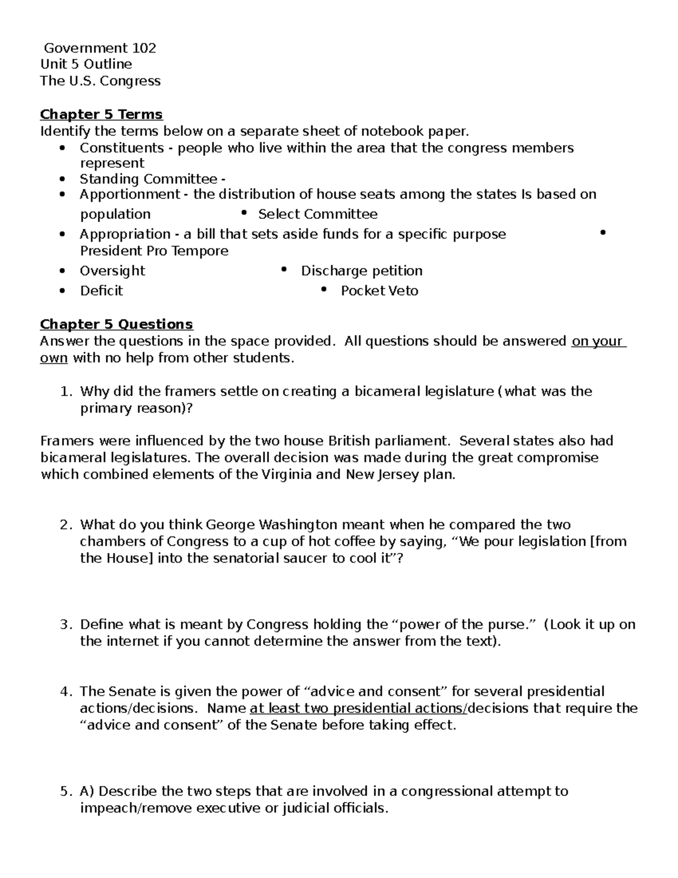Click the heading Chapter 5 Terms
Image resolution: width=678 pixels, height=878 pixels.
tap(101, 115)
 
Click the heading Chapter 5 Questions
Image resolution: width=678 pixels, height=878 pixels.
tap(116, 325)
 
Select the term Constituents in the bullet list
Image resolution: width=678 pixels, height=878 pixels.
tap(121, 148)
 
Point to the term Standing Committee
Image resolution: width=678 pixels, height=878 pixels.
tap(148, 179)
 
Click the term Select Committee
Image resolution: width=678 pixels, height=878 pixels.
tap(318, 214)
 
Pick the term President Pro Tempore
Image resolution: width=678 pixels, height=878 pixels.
tap(154, 251)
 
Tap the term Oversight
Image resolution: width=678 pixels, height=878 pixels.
tap(112, 271)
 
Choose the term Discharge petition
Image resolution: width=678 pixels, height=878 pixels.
tap(362, 271)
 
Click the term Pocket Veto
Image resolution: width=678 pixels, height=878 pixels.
tap(379, 291)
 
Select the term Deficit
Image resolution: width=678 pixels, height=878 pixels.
tap(101, 291)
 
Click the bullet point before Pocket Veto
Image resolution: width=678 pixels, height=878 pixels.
tap(324, 289)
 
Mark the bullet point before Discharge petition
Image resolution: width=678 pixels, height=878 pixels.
tap(284, 270)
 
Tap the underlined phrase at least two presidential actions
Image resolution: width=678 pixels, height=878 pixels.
tap(359, 708)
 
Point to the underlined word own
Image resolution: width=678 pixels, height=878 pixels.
tap(54, 358)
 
